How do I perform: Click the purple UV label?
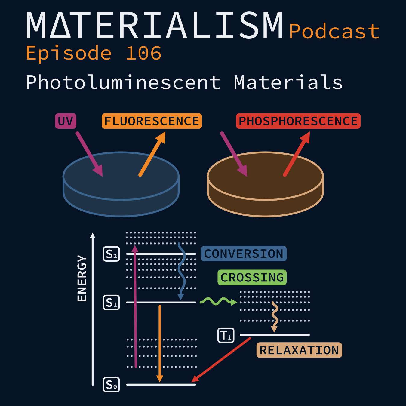pyautogui.click(x=66, y=121)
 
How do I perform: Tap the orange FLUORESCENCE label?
pyautogui.click(x=152, y=121)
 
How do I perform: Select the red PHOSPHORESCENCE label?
pyautogui.click(x=298, y=121)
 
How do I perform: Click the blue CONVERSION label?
pyautogui.click(x=244, y=254)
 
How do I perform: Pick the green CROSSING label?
pyautogui.click(x=252, y=277)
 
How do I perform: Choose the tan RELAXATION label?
pyautogui.click(x=299, y=350)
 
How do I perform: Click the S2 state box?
pyautogui.click(x=111, y=254)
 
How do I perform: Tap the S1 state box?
pyautogui.click(x=111, y=302)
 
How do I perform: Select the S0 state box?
pyautogui.click(x=111, y=385)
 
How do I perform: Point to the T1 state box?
pyautogui.click(x=226, y=335)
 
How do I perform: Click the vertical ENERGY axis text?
pyautogui.click(x=82, y=278)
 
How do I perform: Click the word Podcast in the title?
pyautogui.click(x=334, y=31)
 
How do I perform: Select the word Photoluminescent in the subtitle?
pyautogui.click(x=123, y=82)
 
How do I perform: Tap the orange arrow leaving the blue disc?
pyautogui.click(x=152, y=154)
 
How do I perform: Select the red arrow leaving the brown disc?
pyautogui.click(x=297, y=154)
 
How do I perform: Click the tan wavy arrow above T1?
pyautogui.click(x=275, y=317)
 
